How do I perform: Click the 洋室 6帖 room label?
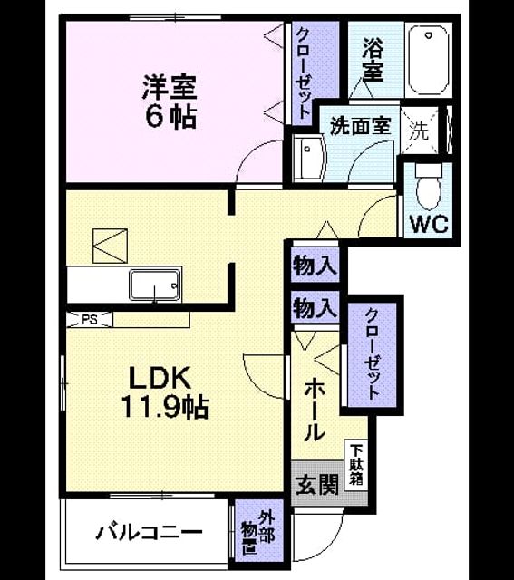pos(170,101)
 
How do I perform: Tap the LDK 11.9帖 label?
pos(164,392)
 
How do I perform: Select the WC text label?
pos(429,224)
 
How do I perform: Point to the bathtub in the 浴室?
pos(428,60)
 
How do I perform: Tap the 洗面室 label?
pos(360,126)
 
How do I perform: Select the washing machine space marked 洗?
pos(419,130)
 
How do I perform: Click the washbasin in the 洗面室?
pos(308,159)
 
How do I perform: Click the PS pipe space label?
pos(90,320)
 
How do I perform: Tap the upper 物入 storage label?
pos(315,266)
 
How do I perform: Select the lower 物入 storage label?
pos(315,308)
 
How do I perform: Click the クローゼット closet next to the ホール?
pos(373,354)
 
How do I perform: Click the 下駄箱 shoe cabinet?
pos(356,465)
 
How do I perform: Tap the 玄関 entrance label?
pos(317,485)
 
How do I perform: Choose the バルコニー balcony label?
pos(149,533)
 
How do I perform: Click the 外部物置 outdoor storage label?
pos(257,532)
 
